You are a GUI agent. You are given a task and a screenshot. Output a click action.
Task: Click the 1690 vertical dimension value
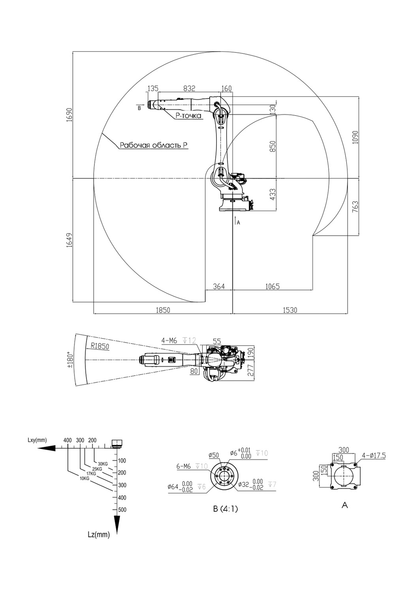point(70,114)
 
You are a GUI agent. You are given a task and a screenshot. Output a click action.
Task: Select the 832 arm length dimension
point(190,88)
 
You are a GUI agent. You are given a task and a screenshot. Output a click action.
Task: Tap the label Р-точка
point(188,116)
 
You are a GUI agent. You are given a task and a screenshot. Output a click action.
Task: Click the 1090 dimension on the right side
point(355,137)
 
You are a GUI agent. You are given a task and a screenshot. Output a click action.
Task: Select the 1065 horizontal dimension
point(272,286)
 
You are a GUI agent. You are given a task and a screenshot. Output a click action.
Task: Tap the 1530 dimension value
point(290,310)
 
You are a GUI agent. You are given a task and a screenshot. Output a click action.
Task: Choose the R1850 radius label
point(100,346)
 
